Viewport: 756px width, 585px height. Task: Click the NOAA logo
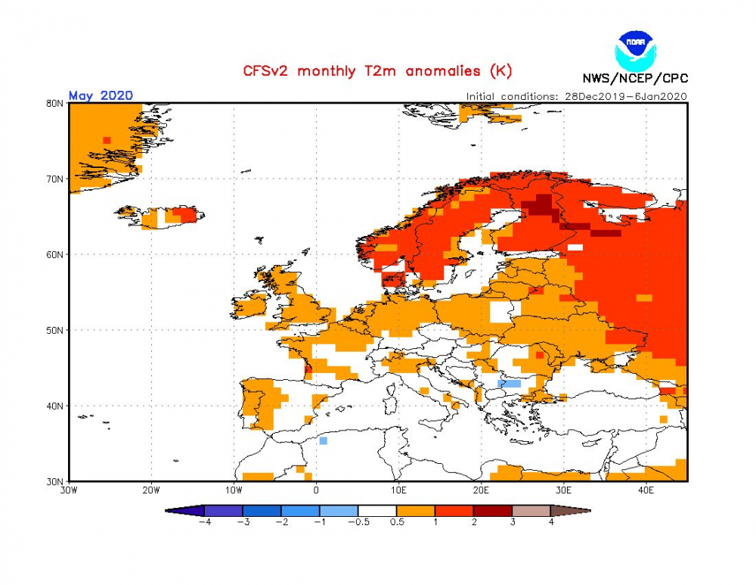(635, 51)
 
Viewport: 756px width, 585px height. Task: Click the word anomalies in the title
(443, 71)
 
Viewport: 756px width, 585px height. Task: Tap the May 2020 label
(101, 95)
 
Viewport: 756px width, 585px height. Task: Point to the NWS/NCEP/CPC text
(635, 78)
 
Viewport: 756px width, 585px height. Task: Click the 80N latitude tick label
(55, 103)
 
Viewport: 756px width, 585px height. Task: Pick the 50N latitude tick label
(55, 330)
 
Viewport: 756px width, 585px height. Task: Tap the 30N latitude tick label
(55, 482)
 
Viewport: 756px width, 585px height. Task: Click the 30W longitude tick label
(69, 490)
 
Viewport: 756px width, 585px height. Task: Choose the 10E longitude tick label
(398, 490)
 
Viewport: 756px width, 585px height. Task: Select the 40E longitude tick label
(646, 490)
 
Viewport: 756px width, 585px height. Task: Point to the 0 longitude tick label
(316, 490)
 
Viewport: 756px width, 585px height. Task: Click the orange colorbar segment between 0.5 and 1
(416, 511)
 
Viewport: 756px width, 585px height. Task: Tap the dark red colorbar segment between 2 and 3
(493, 511)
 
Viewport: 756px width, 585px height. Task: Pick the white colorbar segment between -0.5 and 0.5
(377, 511)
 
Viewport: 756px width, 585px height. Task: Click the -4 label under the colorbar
(206, 521)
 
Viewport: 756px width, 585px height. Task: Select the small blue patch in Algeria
(323, 440)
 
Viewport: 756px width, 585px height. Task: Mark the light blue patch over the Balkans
(509, 384)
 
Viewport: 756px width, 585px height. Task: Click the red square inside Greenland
(107, 141)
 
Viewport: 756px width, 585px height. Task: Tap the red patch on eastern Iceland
(185, 214)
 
